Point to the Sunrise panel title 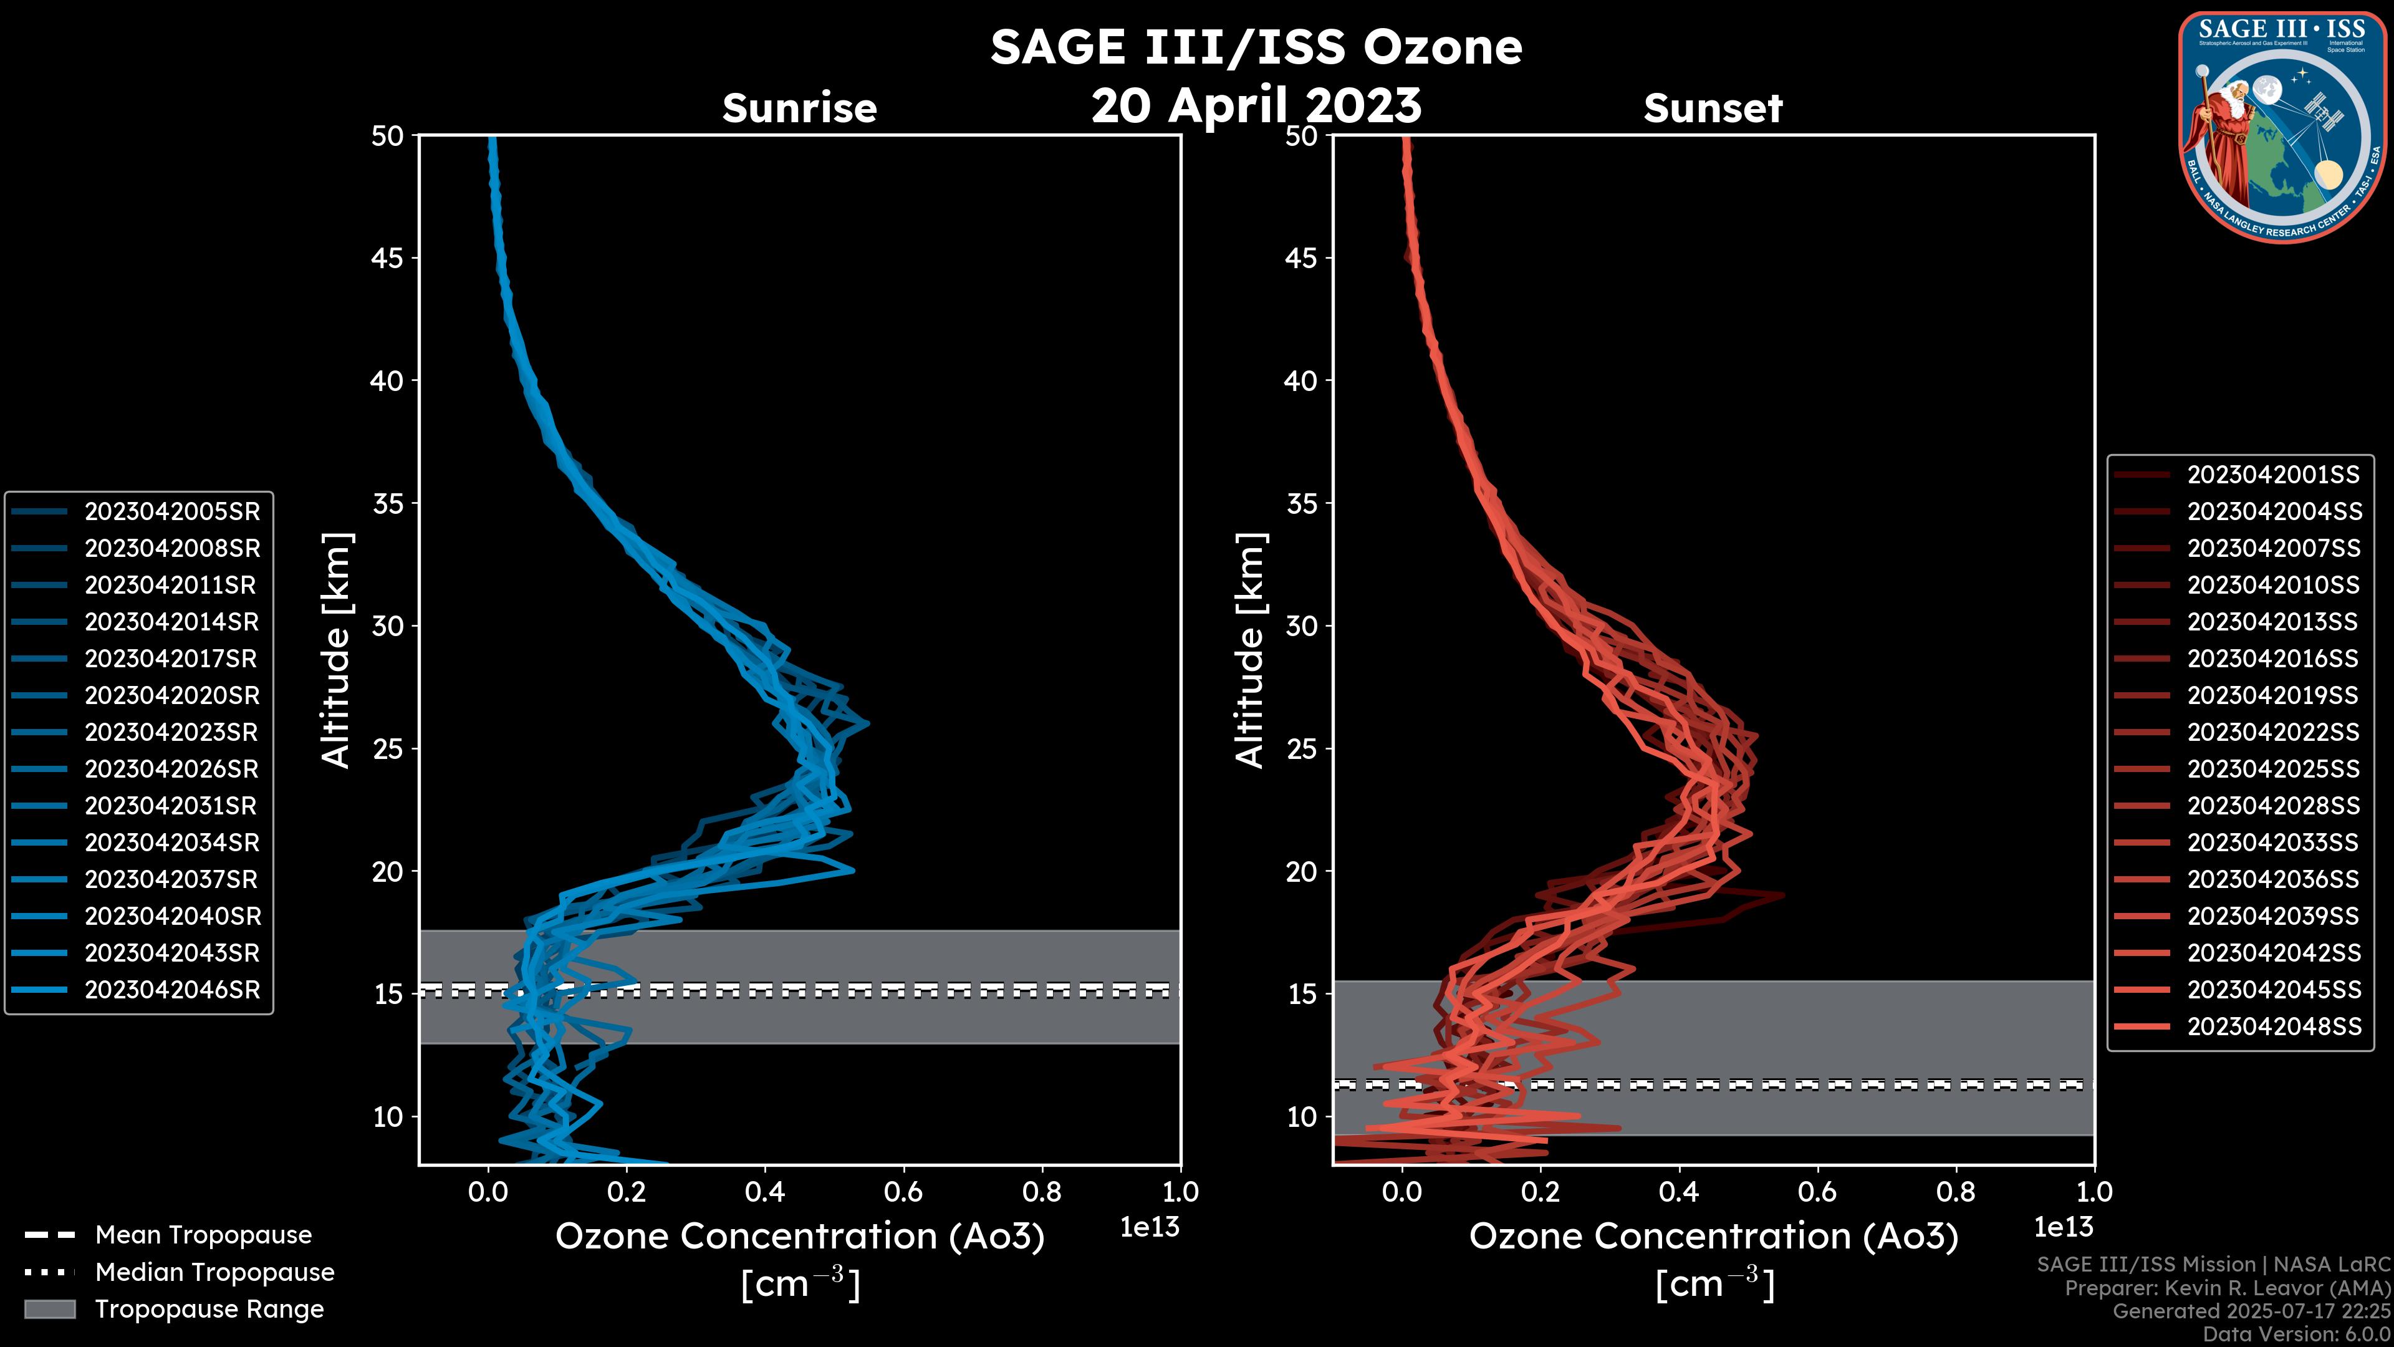tap(799, 108)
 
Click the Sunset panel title tap(1713, 108)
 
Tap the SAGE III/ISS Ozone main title tap(1256, 47)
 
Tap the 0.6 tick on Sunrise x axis tap(903, 1192)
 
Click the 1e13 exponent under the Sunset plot tap(2063, 1228)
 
